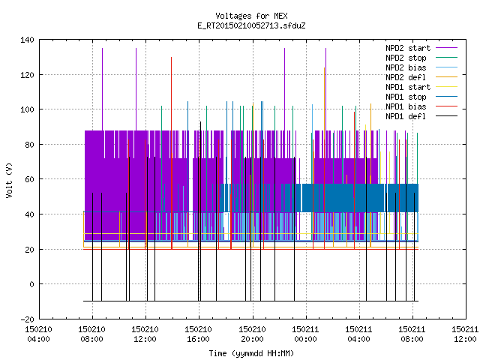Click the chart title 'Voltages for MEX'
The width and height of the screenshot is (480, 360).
251,16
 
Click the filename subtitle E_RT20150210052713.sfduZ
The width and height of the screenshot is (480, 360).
251,25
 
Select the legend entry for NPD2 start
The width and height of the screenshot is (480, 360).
408,48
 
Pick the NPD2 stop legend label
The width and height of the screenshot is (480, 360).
406,58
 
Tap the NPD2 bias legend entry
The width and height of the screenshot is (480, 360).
406,67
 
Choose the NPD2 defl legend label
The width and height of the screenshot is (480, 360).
406,77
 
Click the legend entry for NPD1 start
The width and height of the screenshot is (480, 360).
408,87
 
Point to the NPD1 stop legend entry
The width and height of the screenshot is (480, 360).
406,97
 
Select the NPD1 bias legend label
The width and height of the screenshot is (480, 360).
406,106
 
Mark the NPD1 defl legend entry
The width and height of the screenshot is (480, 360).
406,117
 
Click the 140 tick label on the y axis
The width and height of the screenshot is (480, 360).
27,40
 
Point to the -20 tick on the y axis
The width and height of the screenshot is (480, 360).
27,319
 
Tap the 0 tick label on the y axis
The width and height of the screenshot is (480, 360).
31,284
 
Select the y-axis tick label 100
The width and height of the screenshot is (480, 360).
27,109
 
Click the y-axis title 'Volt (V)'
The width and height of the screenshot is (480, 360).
9,180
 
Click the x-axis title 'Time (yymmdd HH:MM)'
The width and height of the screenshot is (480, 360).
251,353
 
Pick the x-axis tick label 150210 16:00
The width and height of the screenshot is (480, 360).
198,334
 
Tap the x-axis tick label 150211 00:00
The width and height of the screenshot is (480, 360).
305,334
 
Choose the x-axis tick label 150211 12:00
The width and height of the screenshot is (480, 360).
465,334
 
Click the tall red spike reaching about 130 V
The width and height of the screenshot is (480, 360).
172,153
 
